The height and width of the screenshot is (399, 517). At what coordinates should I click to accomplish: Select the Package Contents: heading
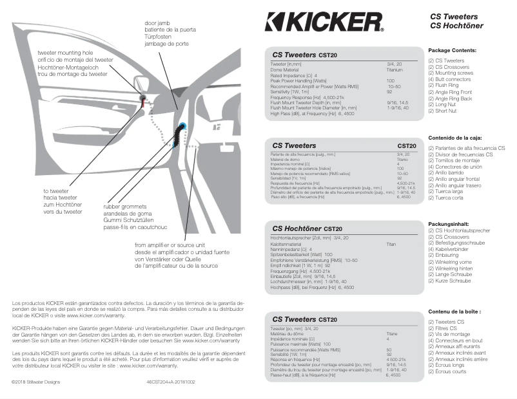pos(452,50)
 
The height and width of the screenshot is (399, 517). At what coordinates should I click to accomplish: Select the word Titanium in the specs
pos(395,70)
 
